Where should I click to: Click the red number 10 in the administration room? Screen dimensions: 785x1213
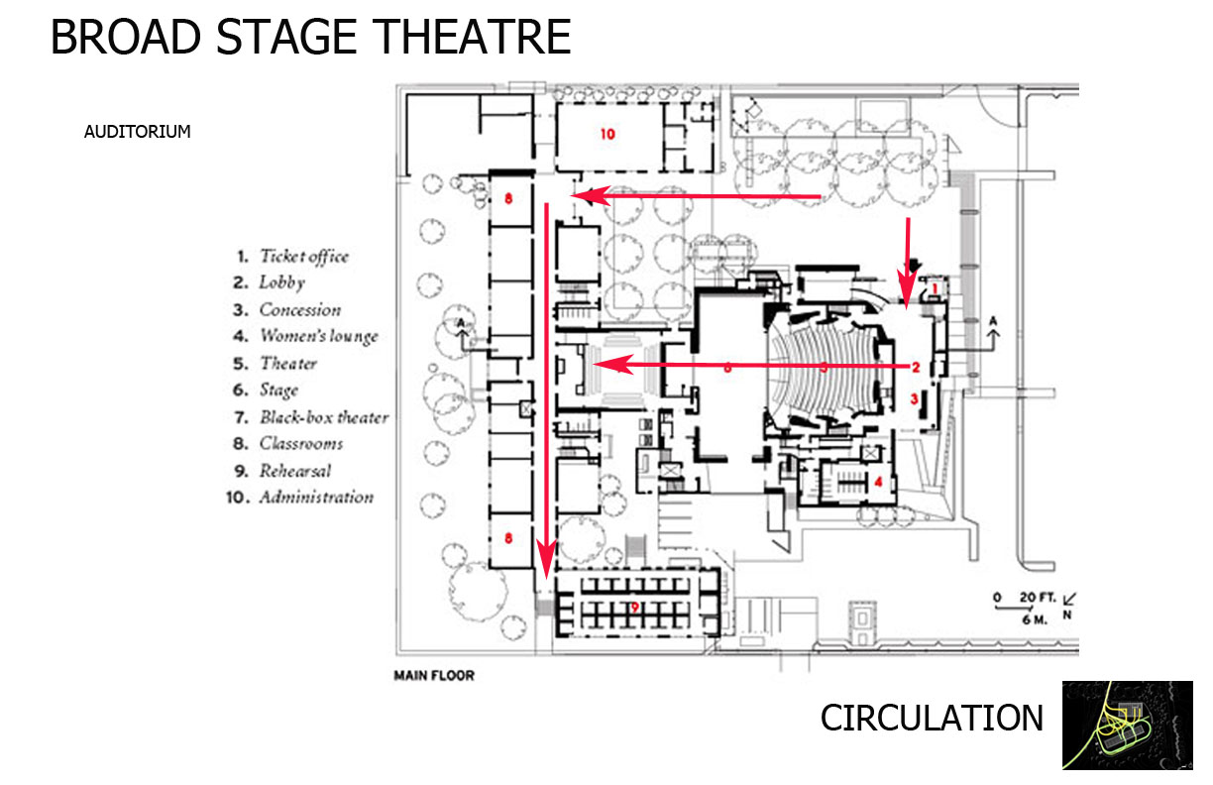pos(607,133)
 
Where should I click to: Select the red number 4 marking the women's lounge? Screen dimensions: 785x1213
pos(878,483)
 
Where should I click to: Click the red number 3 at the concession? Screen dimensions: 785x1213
pos(915,399)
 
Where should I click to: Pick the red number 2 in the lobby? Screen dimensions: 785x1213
pos(916,368)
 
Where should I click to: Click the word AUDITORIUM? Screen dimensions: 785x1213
pos(137,131)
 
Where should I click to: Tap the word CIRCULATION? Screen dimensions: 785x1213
pos(932,718)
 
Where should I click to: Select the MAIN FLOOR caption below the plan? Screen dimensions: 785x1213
pos(434,676)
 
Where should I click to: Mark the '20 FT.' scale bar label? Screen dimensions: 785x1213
pos(1037,599)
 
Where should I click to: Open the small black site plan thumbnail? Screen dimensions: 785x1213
pos(1127,725)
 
